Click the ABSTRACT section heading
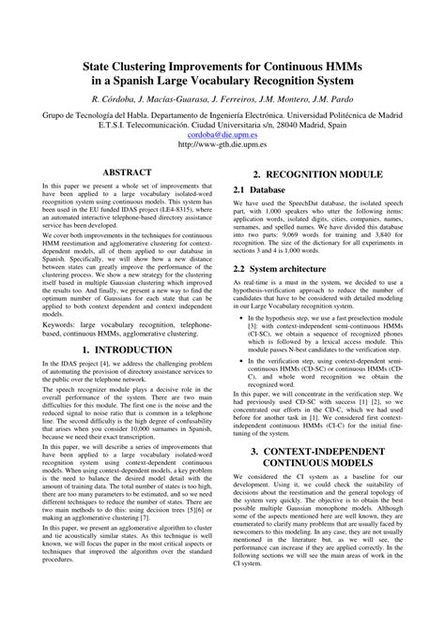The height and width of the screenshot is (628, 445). pyautogui.click(x=126, y=173)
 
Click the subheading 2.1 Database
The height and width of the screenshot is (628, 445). pyautogui.click(x=260, y=190)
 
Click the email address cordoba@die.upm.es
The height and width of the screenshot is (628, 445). pyautogui.click(x=222, y=133)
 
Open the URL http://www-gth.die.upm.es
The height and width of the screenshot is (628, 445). pyautogui.click(x=222, y=144)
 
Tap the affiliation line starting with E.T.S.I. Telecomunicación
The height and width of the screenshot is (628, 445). pyautogui.click(x=222, y=123)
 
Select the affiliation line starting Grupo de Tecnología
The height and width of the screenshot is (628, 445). pyautogui.click(x=222, y=112)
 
